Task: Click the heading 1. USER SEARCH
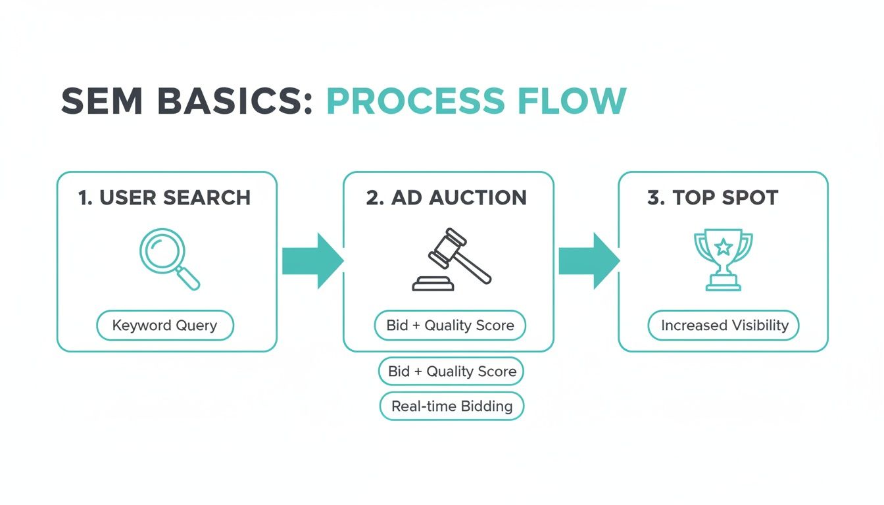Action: (164, 198)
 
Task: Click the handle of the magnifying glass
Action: (189, 279)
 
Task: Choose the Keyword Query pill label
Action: (164, 325)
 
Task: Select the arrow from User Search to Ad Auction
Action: (312, 261)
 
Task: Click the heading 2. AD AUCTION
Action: (447, 198)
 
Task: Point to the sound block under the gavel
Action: (433, 284)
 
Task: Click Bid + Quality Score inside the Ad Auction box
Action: (450, 325)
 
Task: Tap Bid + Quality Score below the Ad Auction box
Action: (452, 372)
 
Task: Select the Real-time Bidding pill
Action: (452, 406)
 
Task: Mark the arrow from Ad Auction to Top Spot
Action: (589, 261)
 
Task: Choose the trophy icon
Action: (724, 260)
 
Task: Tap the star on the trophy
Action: (724, 247)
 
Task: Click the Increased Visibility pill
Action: (724, 325)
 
